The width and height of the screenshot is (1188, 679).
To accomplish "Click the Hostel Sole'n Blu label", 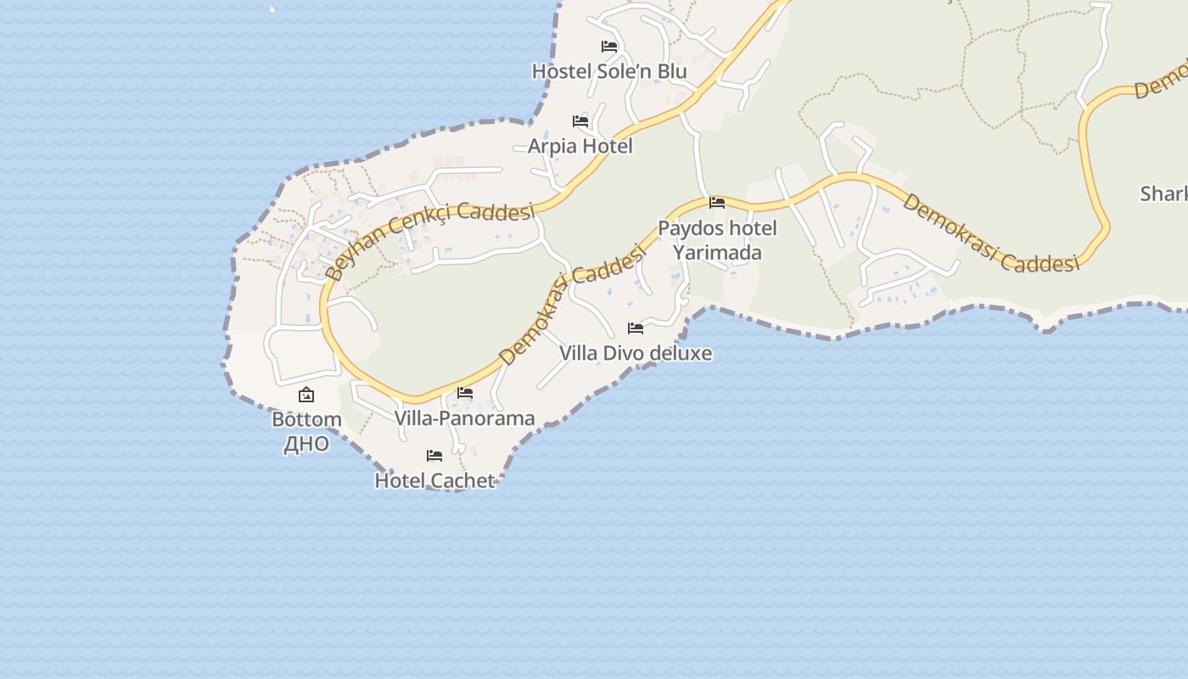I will (x=609, y=71).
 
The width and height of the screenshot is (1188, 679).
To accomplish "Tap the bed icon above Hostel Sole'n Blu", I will (x=609, y=47).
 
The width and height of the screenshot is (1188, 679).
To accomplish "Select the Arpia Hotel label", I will (x=580, y=146).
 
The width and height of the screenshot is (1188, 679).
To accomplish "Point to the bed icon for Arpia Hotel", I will (x=580, y=121).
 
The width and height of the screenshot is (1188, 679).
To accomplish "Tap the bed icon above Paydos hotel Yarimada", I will (x=717, y=203).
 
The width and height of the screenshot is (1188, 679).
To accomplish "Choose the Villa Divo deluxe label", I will (x=636, y=353).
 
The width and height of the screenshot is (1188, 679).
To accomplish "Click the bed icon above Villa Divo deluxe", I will (x=636, y=328).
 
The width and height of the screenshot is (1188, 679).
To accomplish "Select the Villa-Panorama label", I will (x=465, y=418).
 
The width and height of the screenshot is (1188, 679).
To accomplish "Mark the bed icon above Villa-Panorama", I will (x=465, y=393).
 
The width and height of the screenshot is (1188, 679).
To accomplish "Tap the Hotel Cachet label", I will (x=434, y=480).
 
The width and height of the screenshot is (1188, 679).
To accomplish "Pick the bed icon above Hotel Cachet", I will (x=434, y=456).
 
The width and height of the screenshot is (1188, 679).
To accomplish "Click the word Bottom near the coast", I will (x=306, y=419).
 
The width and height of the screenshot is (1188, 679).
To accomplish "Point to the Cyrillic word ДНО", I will (x=306, y=444).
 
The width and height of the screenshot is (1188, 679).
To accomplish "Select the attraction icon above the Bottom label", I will (x=306, y=395).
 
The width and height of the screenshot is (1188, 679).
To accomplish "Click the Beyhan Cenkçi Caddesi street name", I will (x=429, y=239).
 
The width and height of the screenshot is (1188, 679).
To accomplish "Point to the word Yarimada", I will (x=717, y=253).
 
